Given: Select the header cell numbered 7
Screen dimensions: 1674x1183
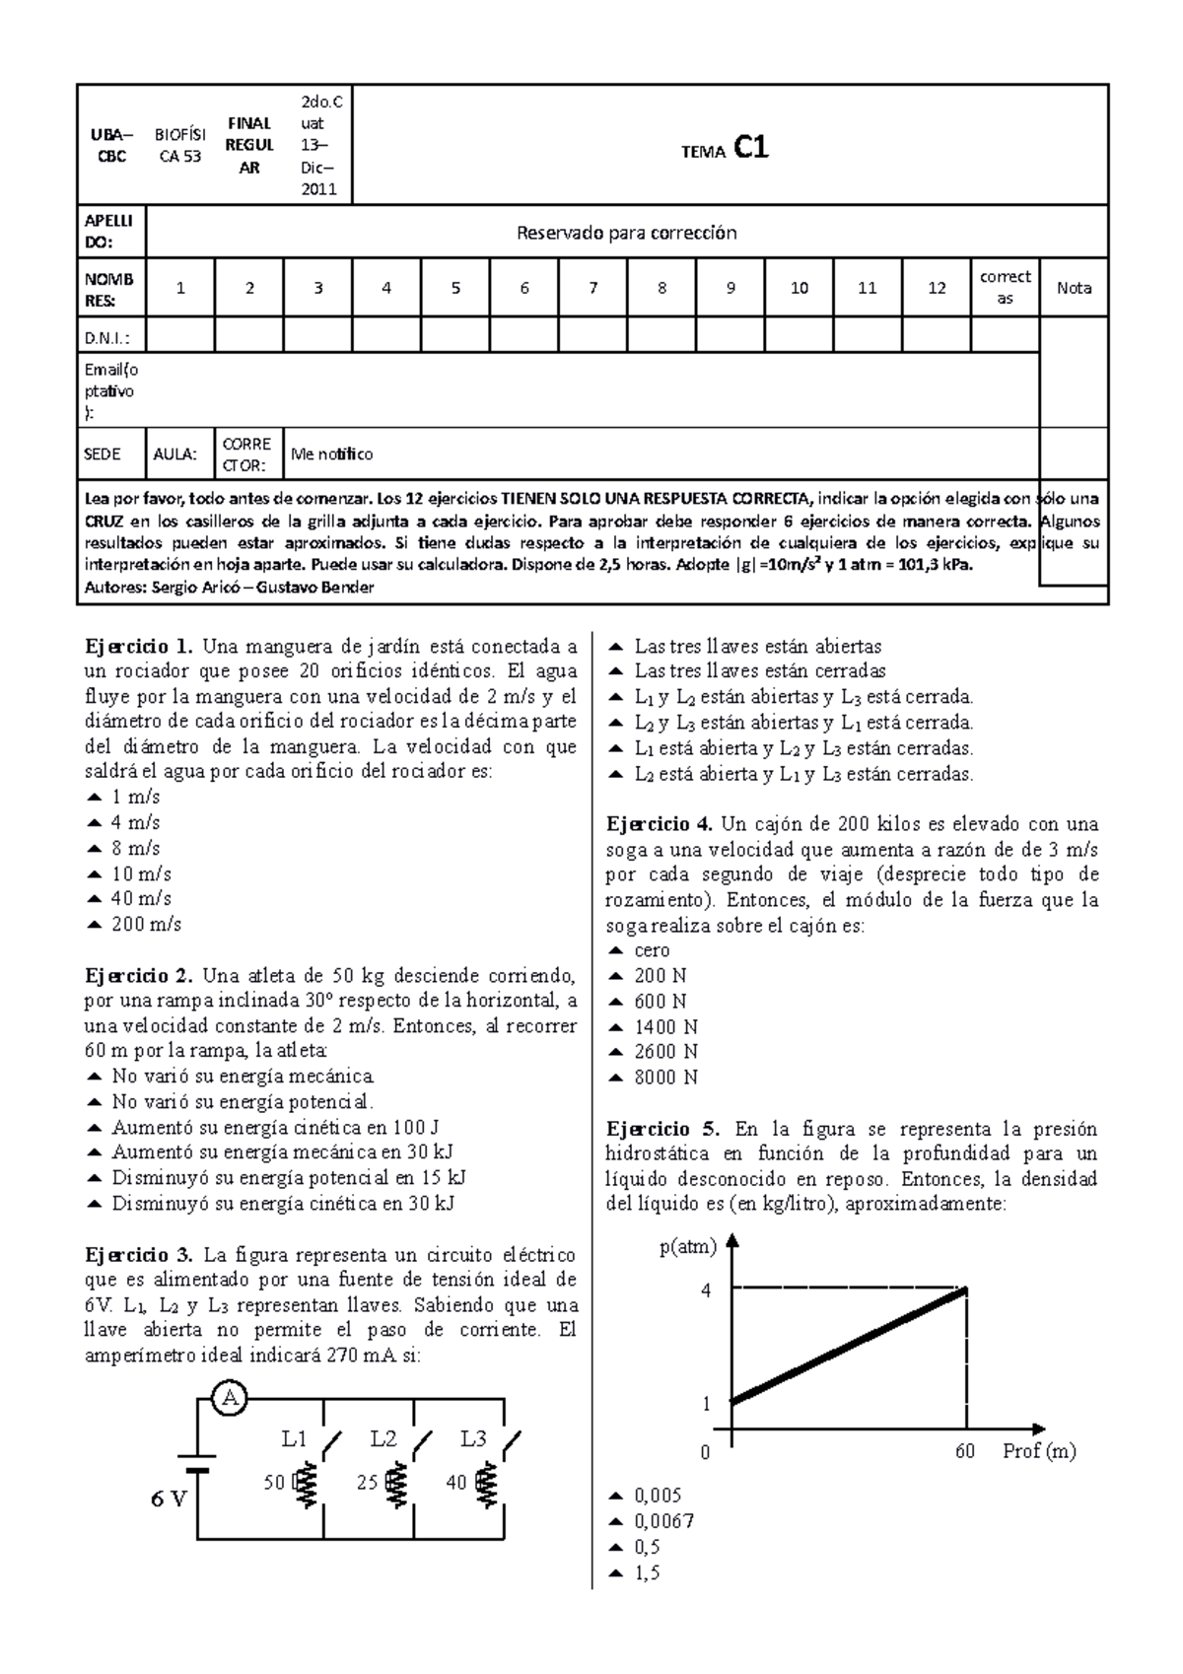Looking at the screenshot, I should [592, 288].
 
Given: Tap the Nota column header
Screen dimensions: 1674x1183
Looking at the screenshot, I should [1074, 288].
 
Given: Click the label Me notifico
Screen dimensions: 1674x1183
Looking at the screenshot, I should [331, 454].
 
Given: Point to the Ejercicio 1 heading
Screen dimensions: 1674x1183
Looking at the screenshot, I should [139, 647].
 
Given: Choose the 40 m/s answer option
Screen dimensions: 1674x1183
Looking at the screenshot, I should [141, 899].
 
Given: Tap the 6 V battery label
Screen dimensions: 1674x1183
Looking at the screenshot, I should [169, 1500].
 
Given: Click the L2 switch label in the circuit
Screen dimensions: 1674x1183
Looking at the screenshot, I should [383, 1438].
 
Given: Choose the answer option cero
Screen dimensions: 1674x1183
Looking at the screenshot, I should [652, 950].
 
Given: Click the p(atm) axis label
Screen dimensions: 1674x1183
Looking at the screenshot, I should [687, 1247].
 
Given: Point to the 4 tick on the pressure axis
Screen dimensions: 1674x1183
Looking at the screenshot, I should [706, 1290].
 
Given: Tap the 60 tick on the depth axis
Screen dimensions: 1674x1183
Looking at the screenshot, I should [965, 1452].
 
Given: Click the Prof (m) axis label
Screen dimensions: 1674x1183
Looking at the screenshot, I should [1039, 1451].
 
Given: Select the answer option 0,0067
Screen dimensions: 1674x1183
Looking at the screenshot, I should [664, 1521].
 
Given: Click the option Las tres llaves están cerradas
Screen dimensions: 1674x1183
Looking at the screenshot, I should [759, 671].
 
